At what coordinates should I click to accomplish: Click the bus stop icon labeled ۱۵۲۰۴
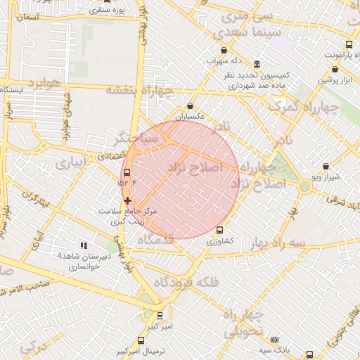click(127, 172)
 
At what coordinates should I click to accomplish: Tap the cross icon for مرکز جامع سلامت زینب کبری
click(127, 200)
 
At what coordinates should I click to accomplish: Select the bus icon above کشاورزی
click(219, 229)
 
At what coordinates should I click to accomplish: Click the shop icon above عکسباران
click(190, 105)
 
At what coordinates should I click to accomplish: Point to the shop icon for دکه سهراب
click(224, 50)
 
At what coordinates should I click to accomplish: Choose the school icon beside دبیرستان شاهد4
click(84, 245)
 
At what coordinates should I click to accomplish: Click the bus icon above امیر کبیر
click(160, 316)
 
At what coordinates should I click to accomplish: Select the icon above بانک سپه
click(274, 340)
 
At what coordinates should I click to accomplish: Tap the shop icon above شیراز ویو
click(325, 167)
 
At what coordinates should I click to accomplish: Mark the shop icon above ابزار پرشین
click(335, 70)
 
